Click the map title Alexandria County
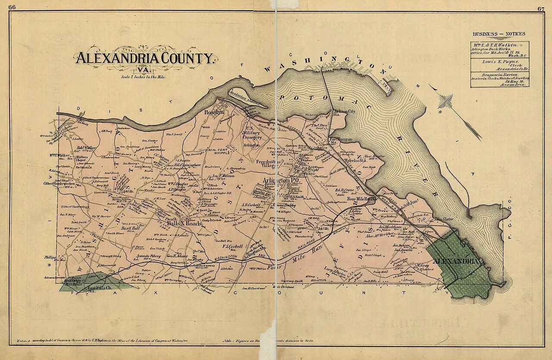pyautogui.click(x=145, y=58)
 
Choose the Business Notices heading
pyautogui.click(x=499, y=34)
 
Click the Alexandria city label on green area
pyautogui.click(x=455, y=262)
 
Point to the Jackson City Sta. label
pyautogui.click(x=343, y=113)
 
